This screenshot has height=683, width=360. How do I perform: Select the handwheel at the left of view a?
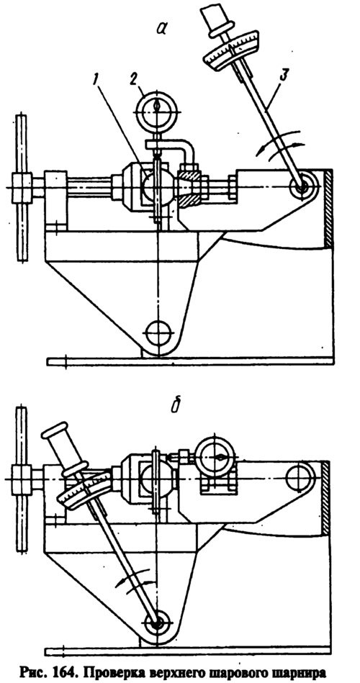pos(21,187)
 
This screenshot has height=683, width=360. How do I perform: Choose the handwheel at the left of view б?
pos(21,479)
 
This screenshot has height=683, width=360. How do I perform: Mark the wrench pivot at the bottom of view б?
pos(158,623)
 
